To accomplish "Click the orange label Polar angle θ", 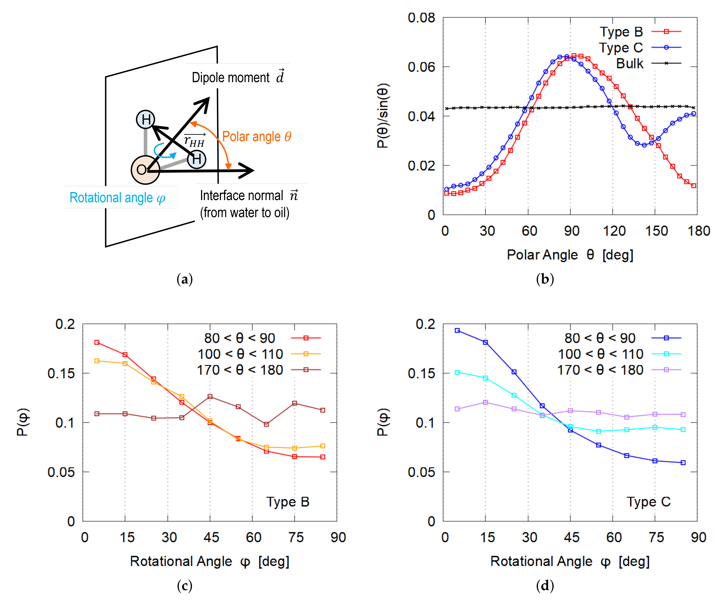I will click(x=256, y=136).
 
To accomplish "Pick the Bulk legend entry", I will click(x=629, y=63).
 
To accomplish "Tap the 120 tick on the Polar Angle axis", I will click(x=614, y=231).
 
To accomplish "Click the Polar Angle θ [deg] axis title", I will click(x=570, y=255).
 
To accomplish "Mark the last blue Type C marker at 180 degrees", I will click(x=694, y=113).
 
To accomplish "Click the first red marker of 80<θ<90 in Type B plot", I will click(x=97, y=342).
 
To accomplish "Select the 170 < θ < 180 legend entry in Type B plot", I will click(x=240, y=370).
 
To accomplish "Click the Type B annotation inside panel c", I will click(x=288, y=502).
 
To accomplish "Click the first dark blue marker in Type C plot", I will click(x=457, y=330).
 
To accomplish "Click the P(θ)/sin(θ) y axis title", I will click(x=383, y=116).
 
